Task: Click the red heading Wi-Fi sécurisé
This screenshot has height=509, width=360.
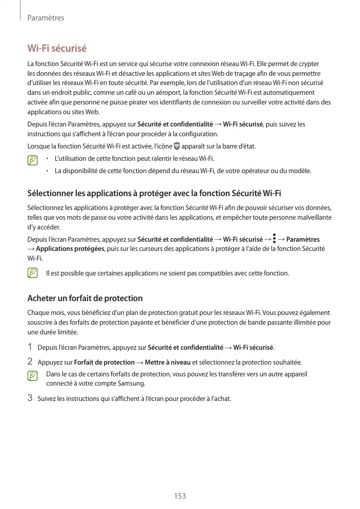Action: coord(57,49)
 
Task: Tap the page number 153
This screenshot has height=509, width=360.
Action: coord(180,496)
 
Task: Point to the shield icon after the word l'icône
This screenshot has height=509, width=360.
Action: coord(177,147)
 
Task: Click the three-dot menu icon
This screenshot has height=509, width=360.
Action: coord(274,239)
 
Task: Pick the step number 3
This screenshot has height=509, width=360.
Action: coord(30,398)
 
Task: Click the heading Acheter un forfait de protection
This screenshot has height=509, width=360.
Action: coord(84,298)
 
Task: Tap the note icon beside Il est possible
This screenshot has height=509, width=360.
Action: coord(34,273)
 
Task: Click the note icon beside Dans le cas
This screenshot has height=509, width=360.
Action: coord(34,376)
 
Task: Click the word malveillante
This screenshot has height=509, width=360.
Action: coord(311,218)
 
